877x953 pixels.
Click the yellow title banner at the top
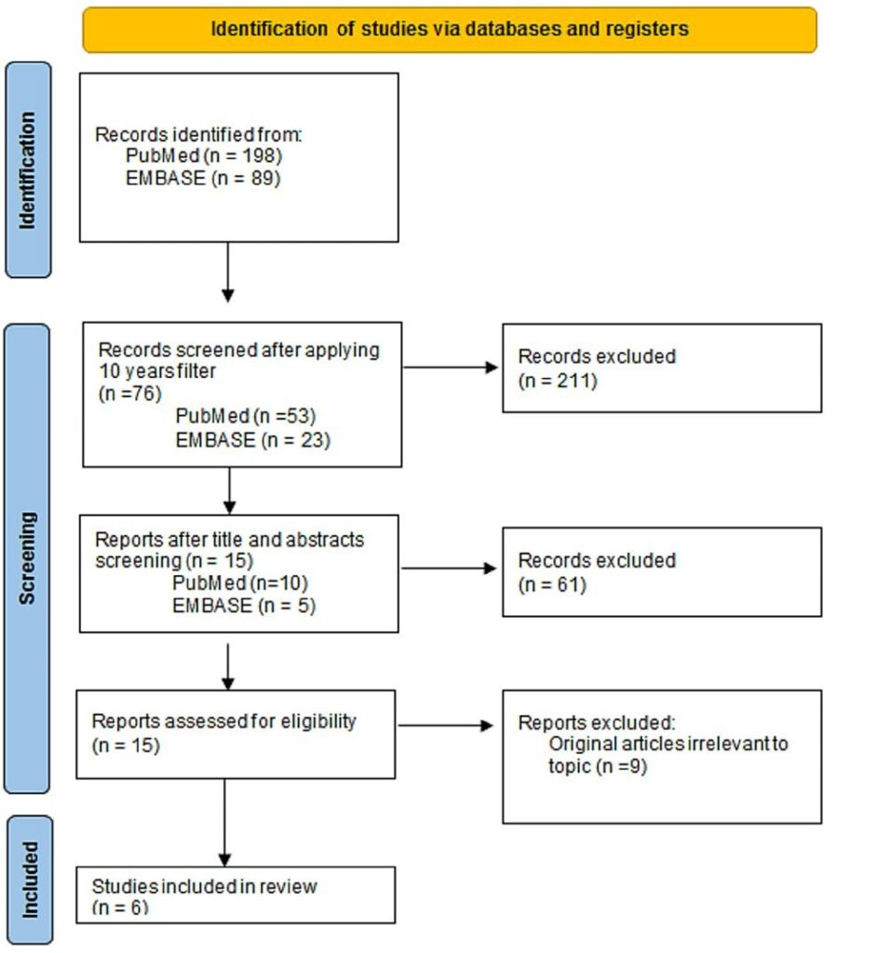pyautogui.click(x=450, y=29)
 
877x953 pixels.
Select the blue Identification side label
pyautogui.click(x=28, y=170)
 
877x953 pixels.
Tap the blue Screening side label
pyautogui.click(x=28, y=557)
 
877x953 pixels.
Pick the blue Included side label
pyautogui.click(x=28, y=879)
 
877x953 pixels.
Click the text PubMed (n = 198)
pyautogui.click(x=203, y=154)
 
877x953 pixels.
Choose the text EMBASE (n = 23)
pyautogui.click(x=251, y=440)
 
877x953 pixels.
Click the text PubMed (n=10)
pyautogui.click(x=239, y=584)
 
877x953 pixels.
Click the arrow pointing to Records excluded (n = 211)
pyautogui.click(x=452, y=367)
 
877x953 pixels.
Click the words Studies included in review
pyautogui.click(x=204, y=887)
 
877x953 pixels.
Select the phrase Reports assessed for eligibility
pyautogui.click(x=223, y=721)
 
